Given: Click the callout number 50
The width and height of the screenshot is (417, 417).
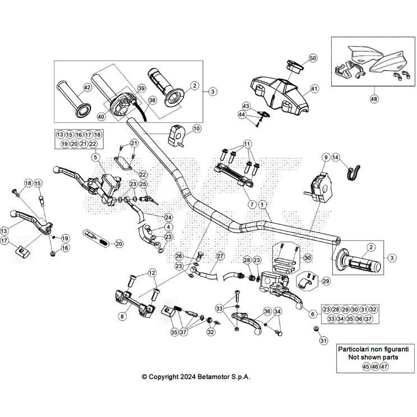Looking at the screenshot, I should pyautogui.click(x=313, y=58).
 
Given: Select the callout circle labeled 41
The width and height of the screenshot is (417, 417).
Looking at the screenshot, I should pyautogui.click(x=314, y=89).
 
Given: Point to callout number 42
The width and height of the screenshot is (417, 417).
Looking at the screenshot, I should pyautogui.click(x=87, y=88).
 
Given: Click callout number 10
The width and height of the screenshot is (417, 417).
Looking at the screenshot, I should pyautogui.click(x=196, y=129).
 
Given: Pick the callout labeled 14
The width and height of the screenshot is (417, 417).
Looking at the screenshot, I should pyautogui.click(x=336, y=158).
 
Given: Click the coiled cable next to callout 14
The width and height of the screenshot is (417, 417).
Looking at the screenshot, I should pyautogui.click(x=352, y=171).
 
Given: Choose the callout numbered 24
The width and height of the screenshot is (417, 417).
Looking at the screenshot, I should pyautogui.click(x=168, y=217).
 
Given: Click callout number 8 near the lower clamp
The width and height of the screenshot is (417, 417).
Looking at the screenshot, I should pyautogui.click(x=122, y=317).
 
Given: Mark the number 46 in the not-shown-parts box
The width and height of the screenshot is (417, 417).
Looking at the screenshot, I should pyautogui.click(x=375, y=366).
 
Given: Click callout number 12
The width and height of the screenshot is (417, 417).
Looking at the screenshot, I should pyautogui.click(x=152, y=273).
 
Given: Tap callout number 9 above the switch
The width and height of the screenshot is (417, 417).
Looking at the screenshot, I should pyautogui.click(x=325, y=158).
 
